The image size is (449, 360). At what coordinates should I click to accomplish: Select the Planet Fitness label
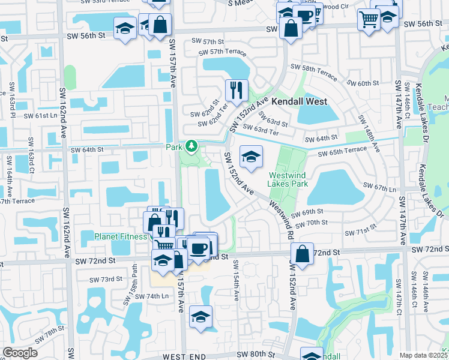(x=120, y=236)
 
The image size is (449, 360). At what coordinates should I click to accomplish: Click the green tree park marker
(x=191, y=146)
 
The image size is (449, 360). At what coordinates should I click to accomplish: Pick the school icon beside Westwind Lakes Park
(x=250, y=157)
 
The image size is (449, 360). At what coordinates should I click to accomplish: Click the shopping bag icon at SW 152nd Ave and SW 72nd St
(x=302, y=253)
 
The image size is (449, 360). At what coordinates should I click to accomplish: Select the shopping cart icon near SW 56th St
(x=367, y=19)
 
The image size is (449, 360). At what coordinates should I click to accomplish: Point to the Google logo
(x=20, y=352)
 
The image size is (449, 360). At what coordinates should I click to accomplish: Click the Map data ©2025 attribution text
(x=423, y=355)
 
